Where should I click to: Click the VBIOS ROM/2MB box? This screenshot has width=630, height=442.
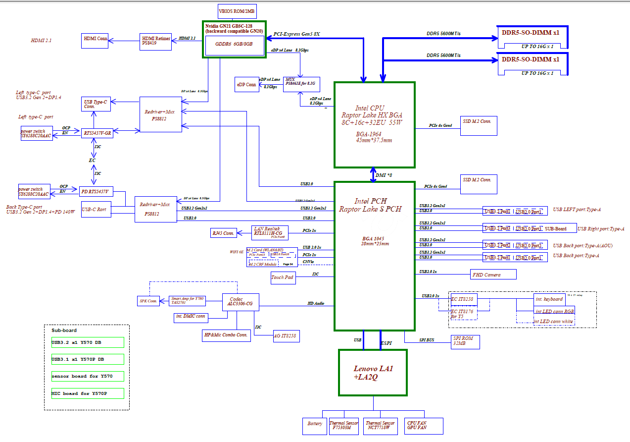pyautogui.click(x=237, y=11)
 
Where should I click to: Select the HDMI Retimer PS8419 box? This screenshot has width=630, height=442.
pyautogui.click(x=156, y=41)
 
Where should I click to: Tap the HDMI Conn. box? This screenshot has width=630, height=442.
pyautogui.click(x=95, y=41)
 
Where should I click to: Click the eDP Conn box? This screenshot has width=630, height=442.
pyautogui.click(x=247, y=84)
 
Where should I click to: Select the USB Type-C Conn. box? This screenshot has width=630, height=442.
pyautogui.click(x=96, y=104)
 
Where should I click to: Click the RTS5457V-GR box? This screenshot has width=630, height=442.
pyautogui.click(x=97, y=132)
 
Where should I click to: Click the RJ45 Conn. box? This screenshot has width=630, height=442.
pyautogui.click(x=223, y=233)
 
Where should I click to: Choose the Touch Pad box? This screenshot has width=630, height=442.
pyautogui.click(x=283, y=277)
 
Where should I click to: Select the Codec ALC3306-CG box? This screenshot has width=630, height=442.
pyautogui.click(x=241, y=301)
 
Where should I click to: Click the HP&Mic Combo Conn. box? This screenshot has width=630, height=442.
pyautogui.click(x=226, y=335)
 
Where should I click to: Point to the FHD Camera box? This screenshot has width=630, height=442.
pyautogui.click(x=493, y=275)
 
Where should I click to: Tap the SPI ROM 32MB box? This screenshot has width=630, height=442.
pyautogui.click(x=465, y=341)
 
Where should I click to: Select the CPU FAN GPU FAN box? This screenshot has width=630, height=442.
pyautogui.click(x=423, y=425)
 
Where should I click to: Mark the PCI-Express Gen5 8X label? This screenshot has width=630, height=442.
pyautogui.click(x=297, y=34)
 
